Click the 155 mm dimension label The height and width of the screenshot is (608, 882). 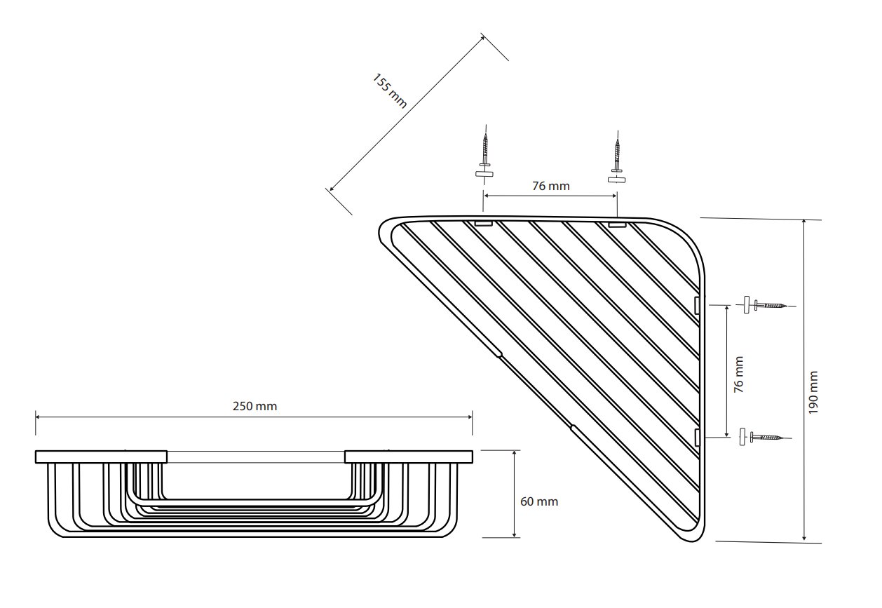(389, 91)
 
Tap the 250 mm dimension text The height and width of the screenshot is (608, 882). (255, 406)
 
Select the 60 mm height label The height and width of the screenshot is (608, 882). (539, 501)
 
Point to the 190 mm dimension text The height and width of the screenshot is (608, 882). (813, 392)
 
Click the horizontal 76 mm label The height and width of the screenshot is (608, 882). (551, 186)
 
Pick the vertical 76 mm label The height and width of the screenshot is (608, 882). (739, 374)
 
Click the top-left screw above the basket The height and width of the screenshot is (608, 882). (485, 150)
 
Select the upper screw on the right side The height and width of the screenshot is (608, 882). (771, 305)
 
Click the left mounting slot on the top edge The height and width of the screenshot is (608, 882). (483, 224)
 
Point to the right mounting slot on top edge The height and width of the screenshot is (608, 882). (617, 225)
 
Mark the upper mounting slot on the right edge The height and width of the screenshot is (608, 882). (696, 306)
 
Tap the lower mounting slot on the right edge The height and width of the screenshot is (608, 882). (696, 438)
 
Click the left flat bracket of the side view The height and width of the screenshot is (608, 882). (101, 457)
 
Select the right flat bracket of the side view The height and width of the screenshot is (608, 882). (409, 457)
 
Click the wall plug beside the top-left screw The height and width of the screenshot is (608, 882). (484, 174)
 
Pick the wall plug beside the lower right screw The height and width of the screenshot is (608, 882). (742, 437)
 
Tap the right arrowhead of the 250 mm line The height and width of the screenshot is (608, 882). (470, 417)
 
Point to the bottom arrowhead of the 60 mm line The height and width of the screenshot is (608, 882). (514, 534)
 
